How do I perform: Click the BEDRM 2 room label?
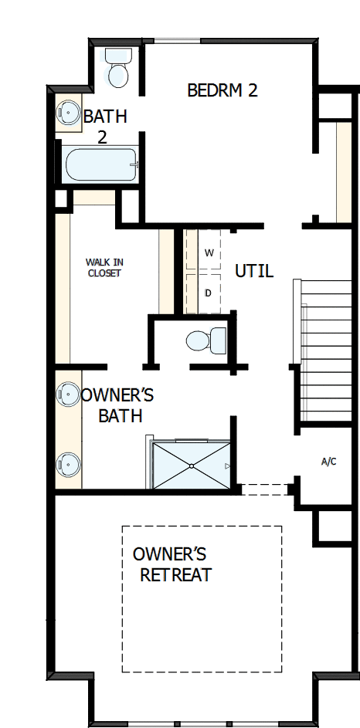pyautogui.click(x=222, y=90)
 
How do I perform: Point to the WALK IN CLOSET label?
pyautogui.click(x=104, y=267)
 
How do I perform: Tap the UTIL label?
pyautogui.click(x=254, y=272)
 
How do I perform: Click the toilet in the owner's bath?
pyautogui.click(x=206, y=340)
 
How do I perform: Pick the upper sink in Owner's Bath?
pyautogui.click(x=68, y=394)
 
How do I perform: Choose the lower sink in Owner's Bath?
pyautogui.click(x=68, y=464)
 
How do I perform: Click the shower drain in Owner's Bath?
pyautogui.click(x=191, y=466)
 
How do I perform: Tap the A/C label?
pyautogui.click(x=328, y=462)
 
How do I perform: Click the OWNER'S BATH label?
pyautogui.click(x=118, y=405)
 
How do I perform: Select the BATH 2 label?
pyautogui.click(x=104, y=127)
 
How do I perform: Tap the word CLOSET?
pyautogui.click(x=104, y=273)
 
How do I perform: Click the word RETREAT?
pyautogui.click(x=175, y=575)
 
